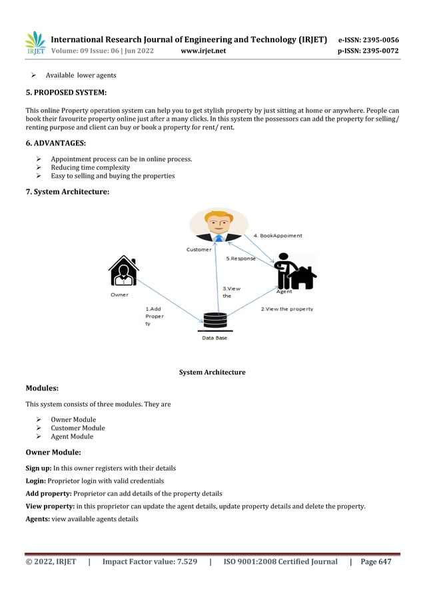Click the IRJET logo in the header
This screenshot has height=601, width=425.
pyautogui.click(x=35, y=43)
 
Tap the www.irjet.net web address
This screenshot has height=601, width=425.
pyautogui.click(x=203, y=51)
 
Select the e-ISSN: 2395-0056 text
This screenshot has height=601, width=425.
pyautogui.click(x=369, y=40)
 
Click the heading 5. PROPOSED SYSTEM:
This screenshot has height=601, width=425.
pyautogui.click(x=66, y=92)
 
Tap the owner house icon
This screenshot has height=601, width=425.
pyautogui.click(x=123, y=271)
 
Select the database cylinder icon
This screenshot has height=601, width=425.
pyautogui.click(x=214, y=320)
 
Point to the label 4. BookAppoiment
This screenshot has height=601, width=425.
pyautogui.click(x=278, y=235)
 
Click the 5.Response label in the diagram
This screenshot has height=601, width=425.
pyautogui.click(x=241, y=258)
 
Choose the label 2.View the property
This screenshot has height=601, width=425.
pyautogui.click(x=286, y=309)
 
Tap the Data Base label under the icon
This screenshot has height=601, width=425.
pyautogui.click(x=214, y=338)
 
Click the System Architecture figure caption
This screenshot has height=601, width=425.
pyautogui.click(x=212, y=372)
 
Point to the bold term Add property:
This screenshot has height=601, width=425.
pyautogui.click(x=49, y=493)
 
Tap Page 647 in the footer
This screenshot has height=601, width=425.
pyautogui.click(x=376, y=562)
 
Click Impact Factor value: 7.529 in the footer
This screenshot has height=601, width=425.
pyautogui.click(x=149, y=562)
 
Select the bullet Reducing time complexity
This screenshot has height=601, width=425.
pyautogui.click(x=90, y=168)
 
